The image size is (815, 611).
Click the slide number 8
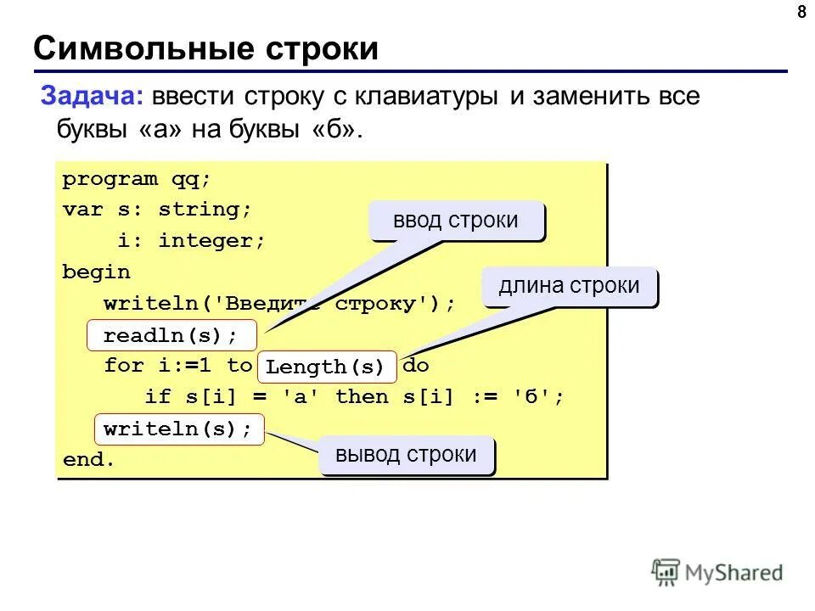801,12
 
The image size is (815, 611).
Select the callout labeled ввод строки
455,221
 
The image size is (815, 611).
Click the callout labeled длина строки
569,286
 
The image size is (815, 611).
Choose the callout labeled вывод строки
406,455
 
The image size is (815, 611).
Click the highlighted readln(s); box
171,335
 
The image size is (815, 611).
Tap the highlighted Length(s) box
326,367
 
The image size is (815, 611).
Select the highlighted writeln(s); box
178,429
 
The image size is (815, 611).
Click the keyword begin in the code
96,272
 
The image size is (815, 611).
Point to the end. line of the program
88,460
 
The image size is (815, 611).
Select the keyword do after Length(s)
416,366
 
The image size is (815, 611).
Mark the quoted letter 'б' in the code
532,397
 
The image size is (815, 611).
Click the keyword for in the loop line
123,366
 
